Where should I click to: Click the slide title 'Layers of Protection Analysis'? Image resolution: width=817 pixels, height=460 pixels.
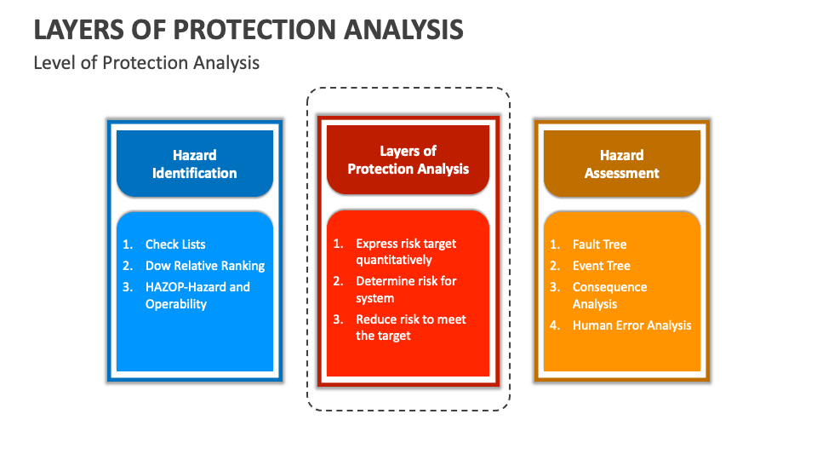click(x=249, y=28)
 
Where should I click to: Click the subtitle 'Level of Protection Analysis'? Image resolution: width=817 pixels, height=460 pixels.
click(x=146, y=63)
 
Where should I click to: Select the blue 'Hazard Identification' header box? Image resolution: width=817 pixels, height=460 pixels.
click(x=195, y=164)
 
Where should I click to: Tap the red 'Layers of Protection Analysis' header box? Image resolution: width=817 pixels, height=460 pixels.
click(x=408, y=159)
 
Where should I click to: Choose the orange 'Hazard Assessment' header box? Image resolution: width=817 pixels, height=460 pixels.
click(x=621, y=164)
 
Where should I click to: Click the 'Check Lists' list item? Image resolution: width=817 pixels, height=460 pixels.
click(x=175, y=244)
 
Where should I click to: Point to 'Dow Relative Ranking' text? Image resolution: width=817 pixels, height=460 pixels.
click(x=204, y=266)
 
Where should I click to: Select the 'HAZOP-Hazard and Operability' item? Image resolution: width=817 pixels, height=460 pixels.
click(x=197, y=296)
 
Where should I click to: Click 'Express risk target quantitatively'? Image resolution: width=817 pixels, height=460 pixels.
click(x=405, y=251)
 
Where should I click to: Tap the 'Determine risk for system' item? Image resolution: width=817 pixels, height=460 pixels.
click(x=405, y=290)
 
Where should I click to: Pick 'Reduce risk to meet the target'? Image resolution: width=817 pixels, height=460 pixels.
click(x=410, y=327)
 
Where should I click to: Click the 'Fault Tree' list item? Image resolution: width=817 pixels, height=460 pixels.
click(x=599, y=244)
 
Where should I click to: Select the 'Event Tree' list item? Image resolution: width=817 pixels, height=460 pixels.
click(x=601, y=266)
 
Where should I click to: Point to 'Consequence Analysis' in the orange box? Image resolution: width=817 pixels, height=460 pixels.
click(x=609, y=296)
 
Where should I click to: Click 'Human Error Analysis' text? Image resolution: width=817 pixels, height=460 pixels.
click(x=631, y=325)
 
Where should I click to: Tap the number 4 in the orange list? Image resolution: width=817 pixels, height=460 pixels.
click(x=554, y=325)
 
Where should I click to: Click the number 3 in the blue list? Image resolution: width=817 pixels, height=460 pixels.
click(x=127, y=287)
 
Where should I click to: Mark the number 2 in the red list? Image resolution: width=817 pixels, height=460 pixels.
click(x=337, y=281)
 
